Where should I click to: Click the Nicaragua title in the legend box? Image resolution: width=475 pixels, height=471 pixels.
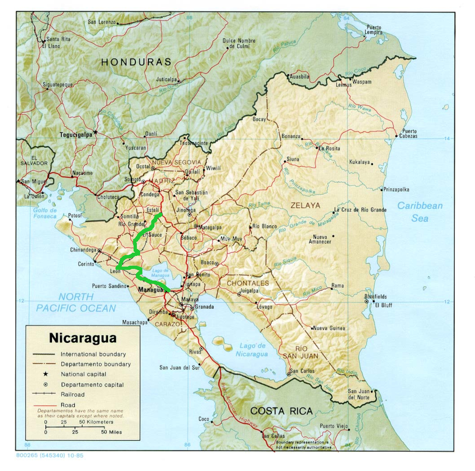pyautogui.click(x=83, y=338)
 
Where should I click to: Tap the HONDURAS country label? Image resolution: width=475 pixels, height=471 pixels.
pyautogui.click(x=136, y=62)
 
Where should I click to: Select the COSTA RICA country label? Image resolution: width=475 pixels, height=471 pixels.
pyautogui.click(x=281, y=411)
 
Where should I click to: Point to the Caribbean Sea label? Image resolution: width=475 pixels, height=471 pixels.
pyautogui.click(x=419, y=211)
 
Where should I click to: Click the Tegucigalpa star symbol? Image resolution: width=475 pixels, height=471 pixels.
pyautogui.click(x=96, y=132)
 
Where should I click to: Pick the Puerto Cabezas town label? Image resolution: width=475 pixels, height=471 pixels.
pyautogui.click(x=409, y=134)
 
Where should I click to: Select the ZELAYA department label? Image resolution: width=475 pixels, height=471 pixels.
pyautogui.click(x=305, y=205)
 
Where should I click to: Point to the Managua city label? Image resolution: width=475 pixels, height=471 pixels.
pyautogui.click(x=151, y=290)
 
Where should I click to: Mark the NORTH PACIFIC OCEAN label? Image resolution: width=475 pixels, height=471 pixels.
pyautogui.click(x=76, y=302)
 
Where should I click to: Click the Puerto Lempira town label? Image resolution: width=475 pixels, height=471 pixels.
pyautogui.click(x=374, y=30)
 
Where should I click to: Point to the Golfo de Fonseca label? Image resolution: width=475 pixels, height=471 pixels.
pyautogui.click(x=45, y=213)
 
